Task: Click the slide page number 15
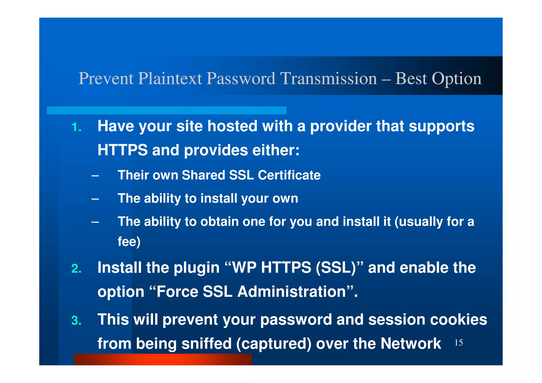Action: (x=458, y=343)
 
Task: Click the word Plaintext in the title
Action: (x=170, y=79)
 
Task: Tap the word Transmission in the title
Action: (x=328, y=79)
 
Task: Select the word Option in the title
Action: (x=457, y=79)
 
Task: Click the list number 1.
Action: (x=76, y=127)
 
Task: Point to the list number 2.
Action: (x=76, y=269)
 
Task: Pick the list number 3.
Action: (x=76, y=321)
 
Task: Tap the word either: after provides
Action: (x=276, y=150)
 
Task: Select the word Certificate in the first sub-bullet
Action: (x=289, y=175)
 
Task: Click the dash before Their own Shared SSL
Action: (x=95, y=175)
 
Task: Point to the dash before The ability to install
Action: (x=95, y=199)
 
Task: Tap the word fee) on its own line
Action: (x=129, y=242)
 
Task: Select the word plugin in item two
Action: (x=197, y=268)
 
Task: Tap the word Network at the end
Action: (x=410, y=344)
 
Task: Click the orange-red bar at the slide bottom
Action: (x=162, y=359)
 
